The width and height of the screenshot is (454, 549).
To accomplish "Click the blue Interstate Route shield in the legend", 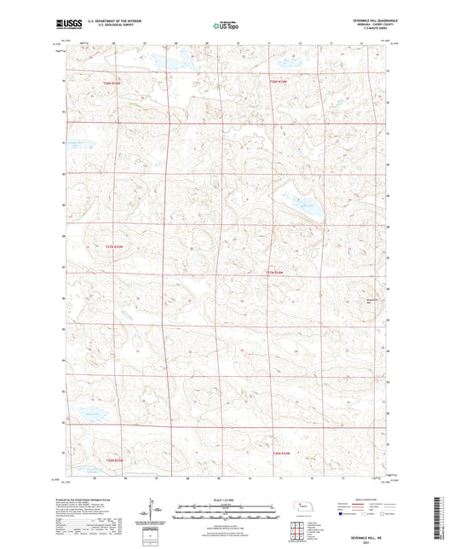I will point(343,514).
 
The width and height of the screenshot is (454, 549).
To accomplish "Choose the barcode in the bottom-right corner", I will point(440,519).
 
